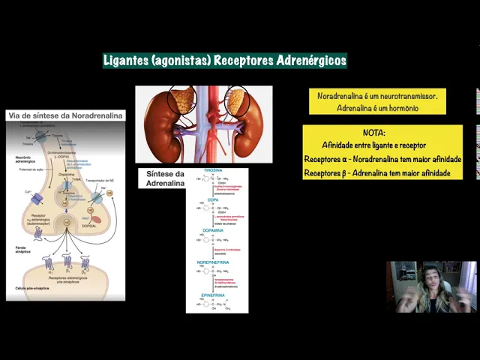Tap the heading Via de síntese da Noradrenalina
(x=66, y=115)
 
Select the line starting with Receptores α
(x=382, y=160)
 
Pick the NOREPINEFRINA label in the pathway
(x=217, y=262)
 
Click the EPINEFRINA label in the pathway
(x=215, y=295)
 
